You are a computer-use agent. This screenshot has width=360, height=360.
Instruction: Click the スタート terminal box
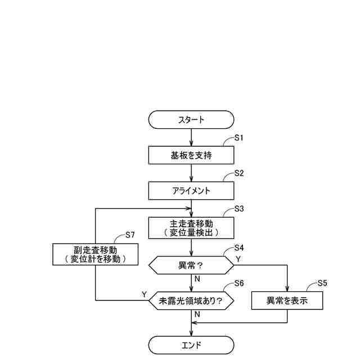(x=191, y=120)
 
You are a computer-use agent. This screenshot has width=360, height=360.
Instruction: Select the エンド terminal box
(x=191, y=345)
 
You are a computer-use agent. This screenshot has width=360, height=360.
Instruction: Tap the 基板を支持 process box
(x=191, y=154)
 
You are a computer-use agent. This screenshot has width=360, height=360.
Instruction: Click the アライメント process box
(x=191, y=191)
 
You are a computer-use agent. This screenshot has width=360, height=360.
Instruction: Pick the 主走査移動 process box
(x=191, y=227)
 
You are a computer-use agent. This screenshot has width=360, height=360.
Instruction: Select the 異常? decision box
(x=191, y=264)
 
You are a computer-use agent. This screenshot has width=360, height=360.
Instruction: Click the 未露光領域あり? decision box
(x=191, y=301)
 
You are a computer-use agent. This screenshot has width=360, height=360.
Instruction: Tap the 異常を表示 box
(x=287, y=300)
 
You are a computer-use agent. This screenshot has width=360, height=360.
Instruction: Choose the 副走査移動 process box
(x=96, y=254)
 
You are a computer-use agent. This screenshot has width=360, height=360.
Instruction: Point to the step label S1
(x=238, y=138)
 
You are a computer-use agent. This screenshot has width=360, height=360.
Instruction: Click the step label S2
(x=238, y=174)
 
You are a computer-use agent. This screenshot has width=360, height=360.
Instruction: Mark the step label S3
(x=238, y=209)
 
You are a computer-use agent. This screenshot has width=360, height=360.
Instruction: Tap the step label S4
(x=238, y=247)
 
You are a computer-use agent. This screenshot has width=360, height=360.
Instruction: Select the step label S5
(x=322, y=283)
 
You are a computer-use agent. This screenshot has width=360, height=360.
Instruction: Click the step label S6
(x=238, y=283)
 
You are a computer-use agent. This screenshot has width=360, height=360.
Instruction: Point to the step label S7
(x=130, y=235)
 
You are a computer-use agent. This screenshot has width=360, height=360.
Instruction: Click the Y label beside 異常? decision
(x=238, y=259)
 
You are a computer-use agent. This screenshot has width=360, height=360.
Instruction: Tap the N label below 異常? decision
(x=197, y=278)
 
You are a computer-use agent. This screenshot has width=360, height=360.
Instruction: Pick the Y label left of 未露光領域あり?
(x=144, y=295)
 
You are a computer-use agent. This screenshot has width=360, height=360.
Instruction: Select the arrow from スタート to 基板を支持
(x=192, y=137)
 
